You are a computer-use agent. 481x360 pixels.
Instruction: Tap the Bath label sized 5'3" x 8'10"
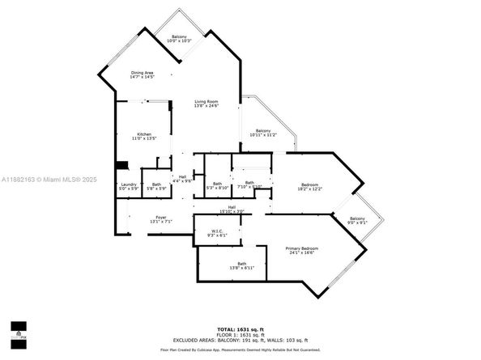(x=217, y=185)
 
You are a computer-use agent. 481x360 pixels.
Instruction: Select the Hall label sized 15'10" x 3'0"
(x=232, y=210)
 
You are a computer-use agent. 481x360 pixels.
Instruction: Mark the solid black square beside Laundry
(x=121, y=166)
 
